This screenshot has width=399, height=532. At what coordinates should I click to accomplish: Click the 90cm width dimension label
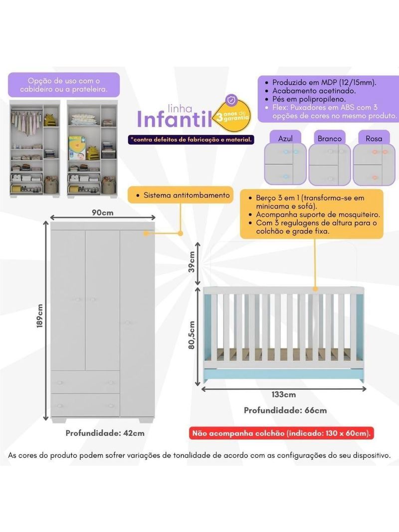click(102, 213)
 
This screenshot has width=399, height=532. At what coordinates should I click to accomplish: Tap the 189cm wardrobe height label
click(40, 316)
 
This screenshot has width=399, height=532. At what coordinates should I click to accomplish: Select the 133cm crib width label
click(283, 395)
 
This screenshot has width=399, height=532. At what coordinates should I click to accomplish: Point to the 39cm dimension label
click(192, 262)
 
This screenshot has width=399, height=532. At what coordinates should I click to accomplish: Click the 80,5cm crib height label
click(192, 335)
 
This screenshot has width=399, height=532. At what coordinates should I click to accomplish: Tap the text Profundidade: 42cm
click(105, 433)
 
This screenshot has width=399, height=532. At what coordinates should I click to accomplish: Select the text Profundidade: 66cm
click(285, 411)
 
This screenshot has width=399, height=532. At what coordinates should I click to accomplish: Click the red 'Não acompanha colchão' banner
click(281, 433)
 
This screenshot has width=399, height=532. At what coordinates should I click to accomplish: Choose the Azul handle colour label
click(285, 138)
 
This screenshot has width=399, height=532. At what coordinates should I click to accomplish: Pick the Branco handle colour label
click(330, 138)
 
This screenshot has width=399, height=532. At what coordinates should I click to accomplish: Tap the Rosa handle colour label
click(374, 138)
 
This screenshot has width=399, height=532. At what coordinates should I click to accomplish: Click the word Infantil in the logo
click(175, 119)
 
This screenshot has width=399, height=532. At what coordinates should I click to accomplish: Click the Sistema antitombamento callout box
click(181, 195)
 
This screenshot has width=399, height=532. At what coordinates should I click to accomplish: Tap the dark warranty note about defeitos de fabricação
click(191, 139)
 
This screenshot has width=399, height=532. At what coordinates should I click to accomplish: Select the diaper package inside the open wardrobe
click(77, 148)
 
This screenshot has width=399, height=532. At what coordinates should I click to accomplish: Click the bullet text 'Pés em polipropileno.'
click(309, 99)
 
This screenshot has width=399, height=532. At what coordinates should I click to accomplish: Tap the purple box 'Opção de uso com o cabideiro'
click(64, 85)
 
